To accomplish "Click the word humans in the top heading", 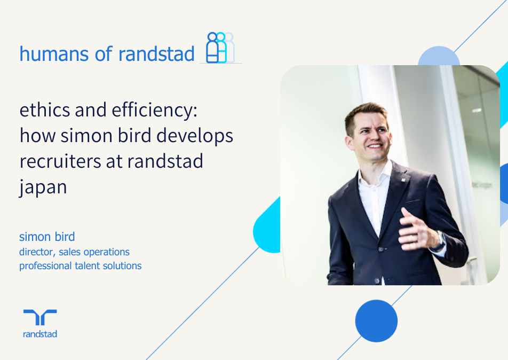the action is click(x=54, y=54).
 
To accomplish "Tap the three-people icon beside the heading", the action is click(x=220, y=48).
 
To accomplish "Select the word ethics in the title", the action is click(x=45, y=109).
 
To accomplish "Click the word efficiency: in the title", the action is click(x=155, y=110).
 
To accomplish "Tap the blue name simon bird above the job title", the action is click(x=47, y=237).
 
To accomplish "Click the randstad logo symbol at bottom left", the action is click(x=40, y=317).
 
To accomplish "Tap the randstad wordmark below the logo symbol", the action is click(x=40, y=334).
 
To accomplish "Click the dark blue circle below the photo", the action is click(x=376, y=321).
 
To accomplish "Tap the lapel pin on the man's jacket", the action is click(x=403, y=179).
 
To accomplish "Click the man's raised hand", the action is click(x=418, y=230).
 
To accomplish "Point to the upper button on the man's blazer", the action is click(x=382, y=249).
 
